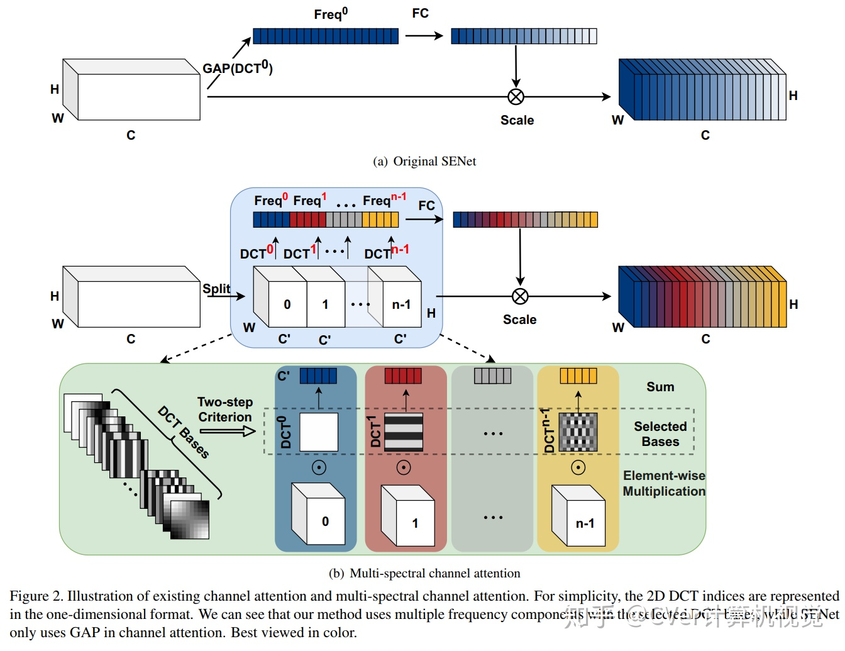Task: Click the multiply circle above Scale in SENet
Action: click(x=516, y=97)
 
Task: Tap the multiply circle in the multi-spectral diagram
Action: click(x=520, y=296)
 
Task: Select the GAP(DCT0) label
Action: click(x=238, y=68)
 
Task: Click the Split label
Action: click(x=216, y=289)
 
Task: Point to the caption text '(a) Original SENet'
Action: click(x=424, y=162)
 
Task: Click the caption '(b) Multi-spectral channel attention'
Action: click(x=424, y=573)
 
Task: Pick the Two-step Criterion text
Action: click(x=225, y=409)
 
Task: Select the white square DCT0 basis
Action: click(x=319, y=431)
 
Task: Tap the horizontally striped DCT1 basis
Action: click(x=404, y=431)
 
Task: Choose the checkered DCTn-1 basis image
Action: click(x=578, y=432)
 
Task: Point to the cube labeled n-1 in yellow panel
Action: click(x=578, y=516)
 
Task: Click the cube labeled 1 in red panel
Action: click(x=409, y=516)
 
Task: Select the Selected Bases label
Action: click(x=660, y=434)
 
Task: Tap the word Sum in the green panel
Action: click(x=660, y=387)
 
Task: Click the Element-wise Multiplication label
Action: click(x=664, y=483)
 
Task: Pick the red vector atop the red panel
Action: click(x=403, y=376)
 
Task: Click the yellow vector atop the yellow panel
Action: click(x=578, y=376)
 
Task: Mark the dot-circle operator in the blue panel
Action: click(x=319, y=468)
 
